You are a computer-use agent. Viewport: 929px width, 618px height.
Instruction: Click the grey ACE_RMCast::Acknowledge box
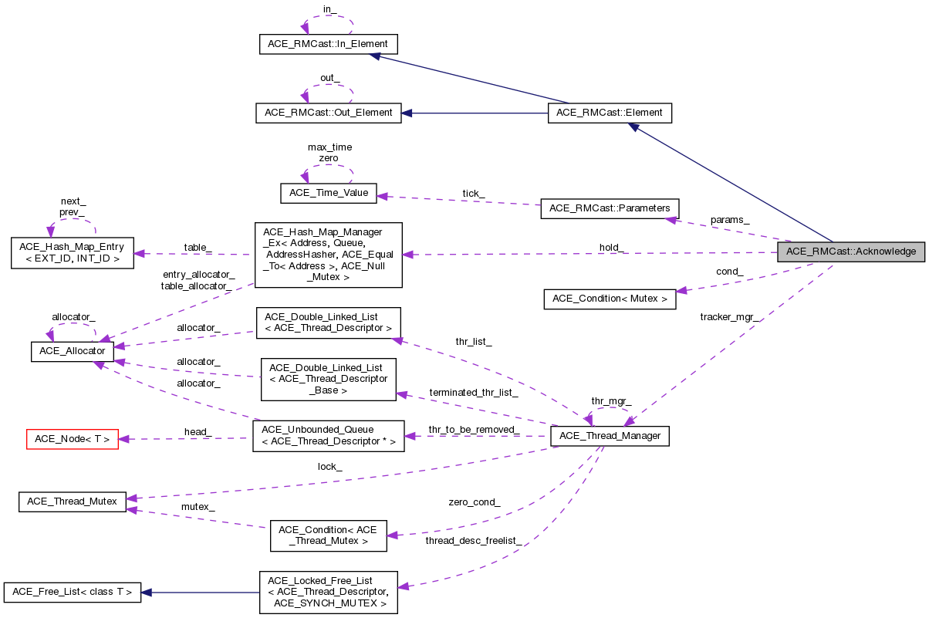(850, 252)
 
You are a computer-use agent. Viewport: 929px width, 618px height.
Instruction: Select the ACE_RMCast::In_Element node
(328, 44)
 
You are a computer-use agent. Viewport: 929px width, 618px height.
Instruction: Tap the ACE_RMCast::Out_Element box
(328, 113)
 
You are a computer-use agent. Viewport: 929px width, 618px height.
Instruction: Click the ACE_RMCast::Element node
(609, 113)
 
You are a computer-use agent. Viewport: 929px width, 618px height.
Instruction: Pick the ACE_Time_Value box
(328, 193)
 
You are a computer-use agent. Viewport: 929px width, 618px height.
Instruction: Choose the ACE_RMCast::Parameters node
(610, 208)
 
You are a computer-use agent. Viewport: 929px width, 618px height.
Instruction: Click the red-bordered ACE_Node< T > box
(73, 440)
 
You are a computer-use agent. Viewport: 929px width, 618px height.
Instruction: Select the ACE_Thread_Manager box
(609, 436)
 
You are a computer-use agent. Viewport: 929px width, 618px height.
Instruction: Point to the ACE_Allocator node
(73, 351)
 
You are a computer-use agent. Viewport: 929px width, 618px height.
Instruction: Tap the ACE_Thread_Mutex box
(73, 501)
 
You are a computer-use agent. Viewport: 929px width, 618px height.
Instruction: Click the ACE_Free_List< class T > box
(73, 593)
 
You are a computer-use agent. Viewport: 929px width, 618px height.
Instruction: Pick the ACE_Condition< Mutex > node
(610, 299)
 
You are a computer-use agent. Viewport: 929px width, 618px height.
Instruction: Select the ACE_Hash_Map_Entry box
(73, 252)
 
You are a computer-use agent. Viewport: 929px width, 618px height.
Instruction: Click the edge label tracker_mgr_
(728, 317)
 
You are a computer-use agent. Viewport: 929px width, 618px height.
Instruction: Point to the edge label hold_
(612, 248)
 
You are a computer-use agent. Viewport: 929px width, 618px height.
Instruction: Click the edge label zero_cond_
(474, 502)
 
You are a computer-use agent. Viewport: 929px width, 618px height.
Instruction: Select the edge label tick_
(473, 193)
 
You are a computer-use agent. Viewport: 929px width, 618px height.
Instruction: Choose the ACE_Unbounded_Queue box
(328, 436)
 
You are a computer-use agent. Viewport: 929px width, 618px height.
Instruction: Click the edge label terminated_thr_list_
(474, 393)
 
